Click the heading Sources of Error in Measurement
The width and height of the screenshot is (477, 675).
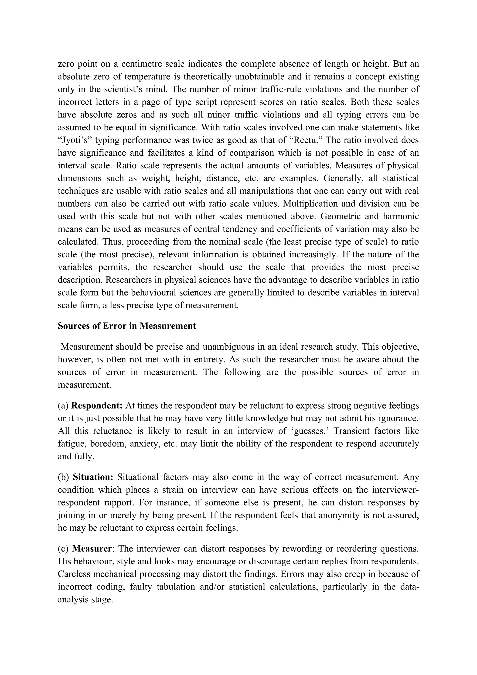pos(127,326)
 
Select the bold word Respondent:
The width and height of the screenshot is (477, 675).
pos(97,406)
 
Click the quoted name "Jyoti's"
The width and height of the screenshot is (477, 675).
pos(72,140)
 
